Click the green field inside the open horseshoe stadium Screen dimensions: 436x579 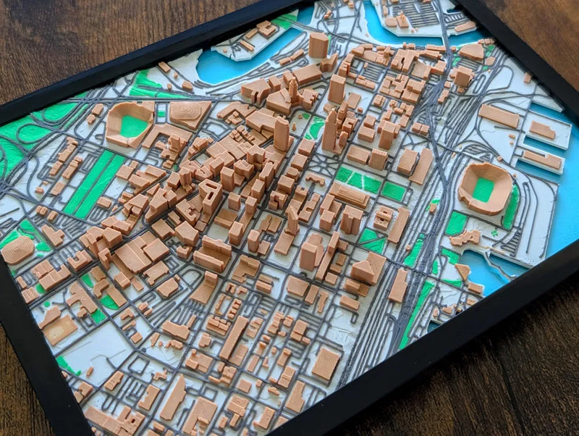tap(133, 126)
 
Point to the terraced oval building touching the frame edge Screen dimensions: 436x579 tap(16, 249)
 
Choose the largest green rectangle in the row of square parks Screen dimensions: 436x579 tap(394, 191)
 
